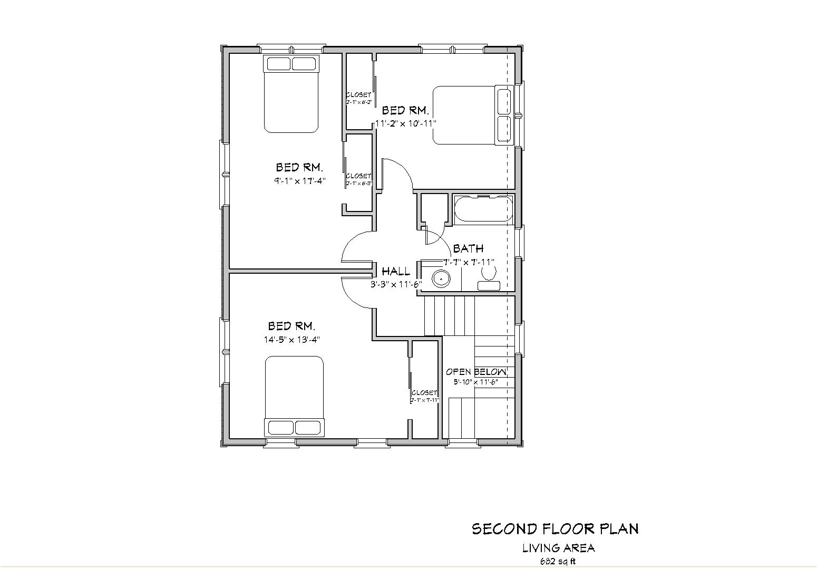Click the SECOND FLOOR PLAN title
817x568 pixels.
[x=555, y=529]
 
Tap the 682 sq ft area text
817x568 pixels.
[x=558, y=561]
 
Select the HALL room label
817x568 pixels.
[x=396, y=272]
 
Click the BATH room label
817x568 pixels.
[x=468, y=248]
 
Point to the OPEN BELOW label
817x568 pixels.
[x=476, y=372]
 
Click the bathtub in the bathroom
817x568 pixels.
[x=483, y=209]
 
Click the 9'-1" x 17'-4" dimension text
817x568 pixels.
[x=299, y=181]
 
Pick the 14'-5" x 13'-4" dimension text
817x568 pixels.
[x=292, y=340]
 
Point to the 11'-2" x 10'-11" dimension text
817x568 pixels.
[x=406, y=123]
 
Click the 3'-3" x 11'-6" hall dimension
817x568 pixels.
[x=396, y=284]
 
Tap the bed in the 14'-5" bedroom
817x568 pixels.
[x=294, y=396]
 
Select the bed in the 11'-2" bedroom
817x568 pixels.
[x=472, y=115]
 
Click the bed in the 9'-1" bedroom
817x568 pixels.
[x=291, y=93]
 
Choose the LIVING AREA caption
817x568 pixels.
[x=558, y=548]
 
